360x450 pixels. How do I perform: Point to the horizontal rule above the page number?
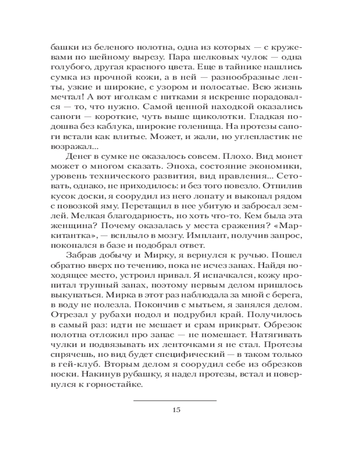point(176,400)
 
